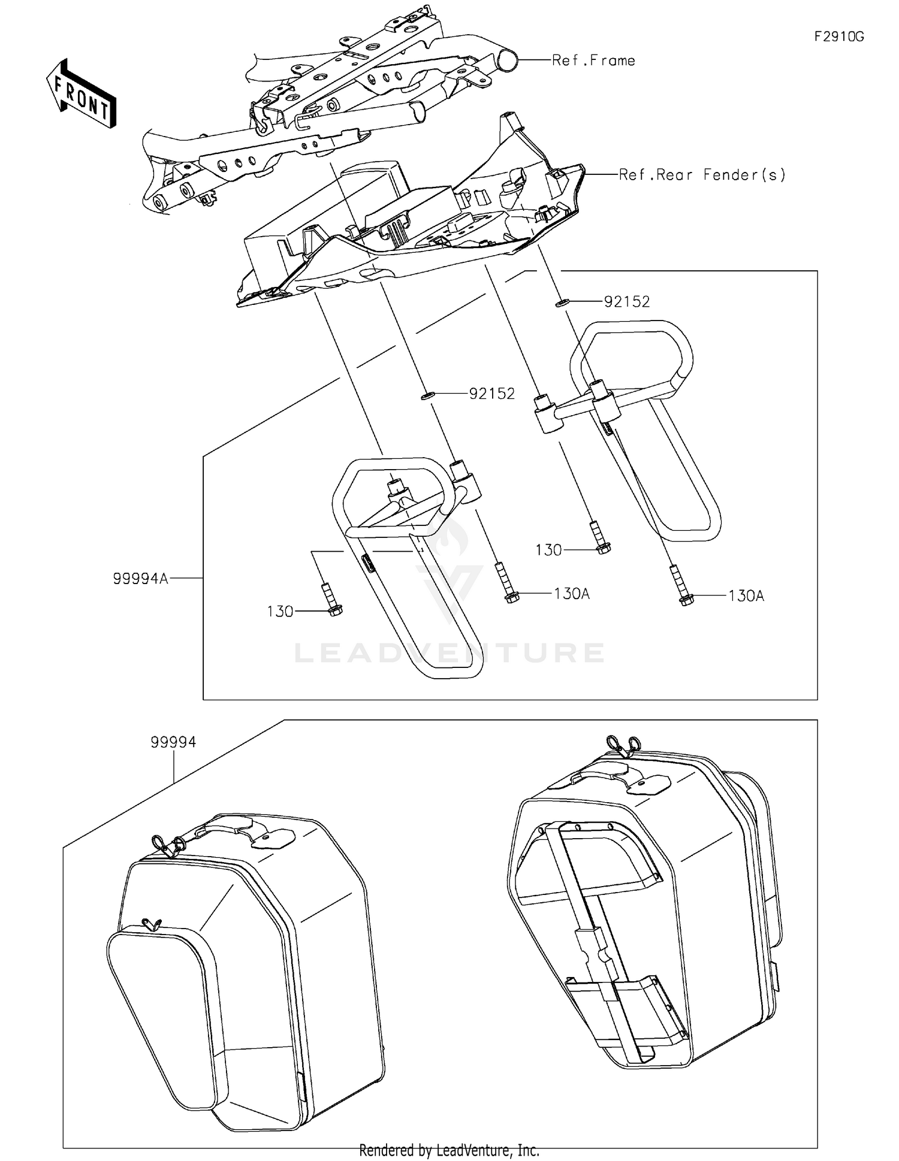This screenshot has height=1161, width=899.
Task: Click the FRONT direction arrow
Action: coord(82,95)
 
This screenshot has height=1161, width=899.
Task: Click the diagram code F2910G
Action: coord(839,37)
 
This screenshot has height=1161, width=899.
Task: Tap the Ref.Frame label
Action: coord(593,61)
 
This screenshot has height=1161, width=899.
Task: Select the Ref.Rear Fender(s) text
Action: coord(702,175)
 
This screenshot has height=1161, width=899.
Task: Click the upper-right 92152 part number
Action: coord(627,302)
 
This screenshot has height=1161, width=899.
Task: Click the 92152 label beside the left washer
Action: coord(492,394)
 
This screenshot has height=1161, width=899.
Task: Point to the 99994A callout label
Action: coord(140,579)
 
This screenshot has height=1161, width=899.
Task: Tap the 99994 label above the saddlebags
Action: coord(173,742)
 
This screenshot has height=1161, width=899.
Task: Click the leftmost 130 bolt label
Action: coord(280,612)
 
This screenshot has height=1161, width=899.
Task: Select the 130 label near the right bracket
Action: coord(548,550)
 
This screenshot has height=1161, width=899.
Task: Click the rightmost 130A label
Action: coord(746,596)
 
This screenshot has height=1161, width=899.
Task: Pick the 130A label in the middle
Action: coord(572,594)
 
